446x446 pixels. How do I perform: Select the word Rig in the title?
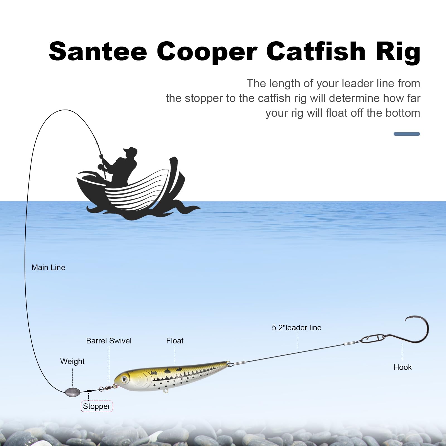pos(398,52)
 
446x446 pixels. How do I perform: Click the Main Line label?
pos(48,268)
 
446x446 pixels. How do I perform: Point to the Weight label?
pos(72,362)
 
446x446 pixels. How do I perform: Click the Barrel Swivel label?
pos(109,341)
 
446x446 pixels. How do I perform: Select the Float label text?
pos(175,341)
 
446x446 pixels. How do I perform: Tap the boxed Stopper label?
pos(96,406)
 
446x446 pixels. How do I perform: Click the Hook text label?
pos(403,367)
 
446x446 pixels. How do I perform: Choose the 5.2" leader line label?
pos(297,328)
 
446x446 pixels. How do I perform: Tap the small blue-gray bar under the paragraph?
pos(406,134)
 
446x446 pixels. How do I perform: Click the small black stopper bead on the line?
pos(89,391)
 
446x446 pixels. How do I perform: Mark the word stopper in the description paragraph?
pos(201,98)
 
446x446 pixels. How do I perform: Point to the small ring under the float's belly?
pos(166,391)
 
